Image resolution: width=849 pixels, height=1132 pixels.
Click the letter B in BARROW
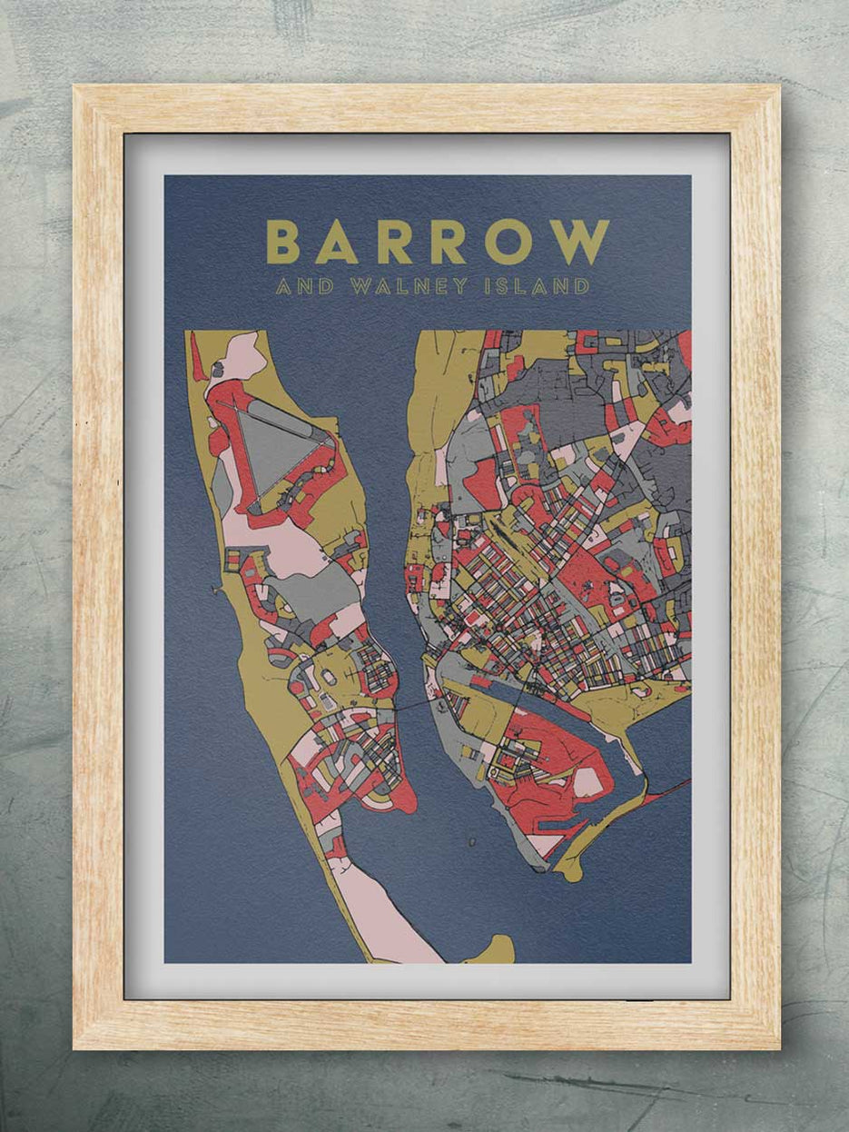pos(283,243)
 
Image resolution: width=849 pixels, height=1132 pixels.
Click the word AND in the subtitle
pos(304,287)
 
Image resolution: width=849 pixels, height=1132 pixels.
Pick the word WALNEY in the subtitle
pos(410,287)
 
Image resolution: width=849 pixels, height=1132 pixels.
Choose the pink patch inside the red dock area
pos(588,781)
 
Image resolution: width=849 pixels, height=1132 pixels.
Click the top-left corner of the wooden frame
pos(76,88)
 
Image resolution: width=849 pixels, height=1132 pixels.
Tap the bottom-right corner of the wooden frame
pos(777,1048)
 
